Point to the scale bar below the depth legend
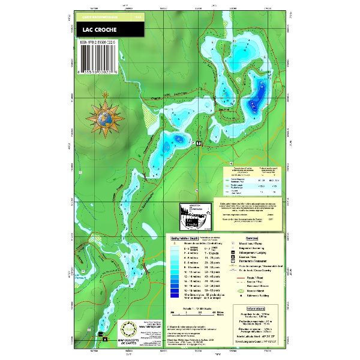tap(193, 313)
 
